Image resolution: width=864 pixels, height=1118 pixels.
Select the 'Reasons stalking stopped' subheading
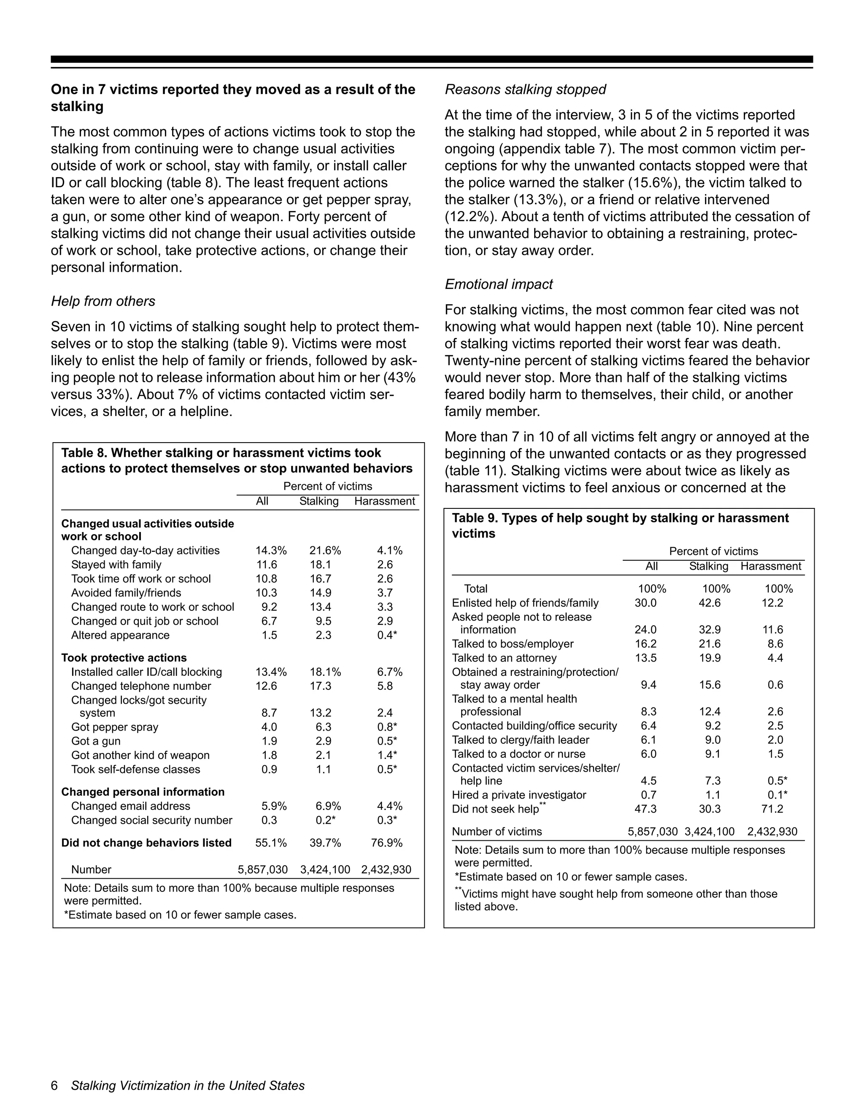[x=525, y=89]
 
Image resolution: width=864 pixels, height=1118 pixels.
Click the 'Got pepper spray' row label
[x=115, y=727]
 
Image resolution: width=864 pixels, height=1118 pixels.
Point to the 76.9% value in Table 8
[x=386, y=843]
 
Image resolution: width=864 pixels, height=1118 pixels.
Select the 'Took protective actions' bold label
[x=124, y=658]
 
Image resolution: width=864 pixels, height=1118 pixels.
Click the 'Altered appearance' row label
[x=120, y=635]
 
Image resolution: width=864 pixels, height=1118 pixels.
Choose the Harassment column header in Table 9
[x=770, y=566]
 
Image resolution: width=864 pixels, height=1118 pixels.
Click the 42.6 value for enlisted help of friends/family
[x=710, y=603]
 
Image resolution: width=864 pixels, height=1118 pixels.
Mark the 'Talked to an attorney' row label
[x=504, y=658]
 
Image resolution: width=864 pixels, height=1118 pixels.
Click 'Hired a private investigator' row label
[x=518, y=795]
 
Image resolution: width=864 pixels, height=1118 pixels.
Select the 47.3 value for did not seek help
[x=645, y=809]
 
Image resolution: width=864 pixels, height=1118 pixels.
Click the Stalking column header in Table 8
[x=319, y=501]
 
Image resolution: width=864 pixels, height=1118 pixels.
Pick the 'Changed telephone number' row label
[x=141, y=686]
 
